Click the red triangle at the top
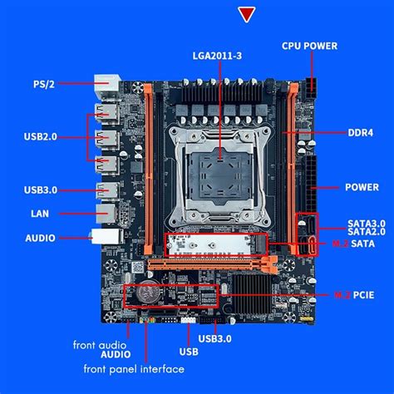246,14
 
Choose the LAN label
40,213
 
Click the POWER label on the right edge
362,187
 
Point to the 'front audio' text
98,343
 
